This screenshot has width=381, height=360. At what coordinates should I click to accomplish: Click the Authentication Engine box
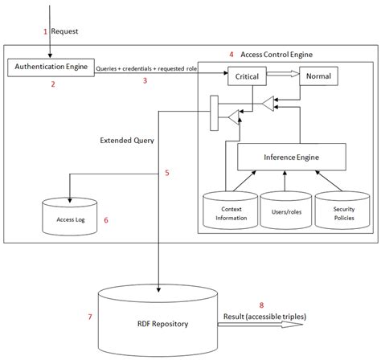(x=50, y=66)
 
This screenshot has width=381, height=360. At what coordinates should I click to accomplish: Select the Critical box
(x=246, y=77)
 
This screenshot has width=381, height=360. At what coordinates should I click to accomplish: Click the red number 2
(x=53, y=84)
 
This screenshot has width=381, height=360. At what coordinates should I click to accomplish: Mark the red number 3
(x=145, y=81)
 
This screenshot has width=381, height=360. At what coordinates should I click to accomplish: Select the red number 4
(x=231, y=54)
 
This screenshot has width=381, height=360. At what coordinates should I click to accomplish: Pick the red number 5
(x=166, y=173)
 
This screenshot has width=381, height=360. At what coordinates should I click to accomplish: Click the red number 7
(x=88, y=317)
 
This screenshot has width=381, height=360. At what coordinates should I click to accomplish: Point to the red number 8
(x=261, y=305)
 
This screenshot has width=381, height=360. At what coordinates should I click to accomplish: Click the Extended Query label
(x=127, y=140)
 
